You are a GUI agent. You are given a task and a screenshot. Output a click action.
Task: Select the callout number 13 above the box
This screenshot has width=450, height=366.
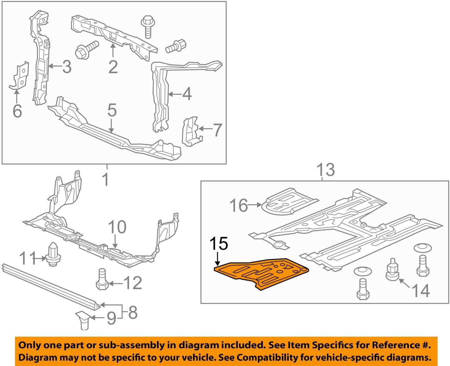click(x=325, y=170)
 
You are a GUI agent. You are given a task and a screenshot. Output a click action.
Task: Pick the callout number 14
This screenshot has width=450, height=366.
click(x=421, y=290)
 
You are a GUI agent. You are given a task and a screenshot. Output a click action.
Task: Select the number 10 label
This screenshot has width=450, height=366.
click(x=117, y=227)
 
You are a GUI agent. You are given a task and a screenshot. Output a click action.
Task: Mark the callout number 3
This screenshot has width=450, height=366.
click(x=66, y=67)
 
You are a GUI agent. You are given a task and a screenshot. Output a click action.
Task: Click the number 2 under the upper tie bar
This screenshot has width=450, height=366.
click(x=113, y=67)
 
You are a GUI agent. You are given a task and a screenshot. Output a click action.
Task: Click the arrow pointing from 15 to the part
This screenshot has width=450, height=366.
click(x=217, y=259)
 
